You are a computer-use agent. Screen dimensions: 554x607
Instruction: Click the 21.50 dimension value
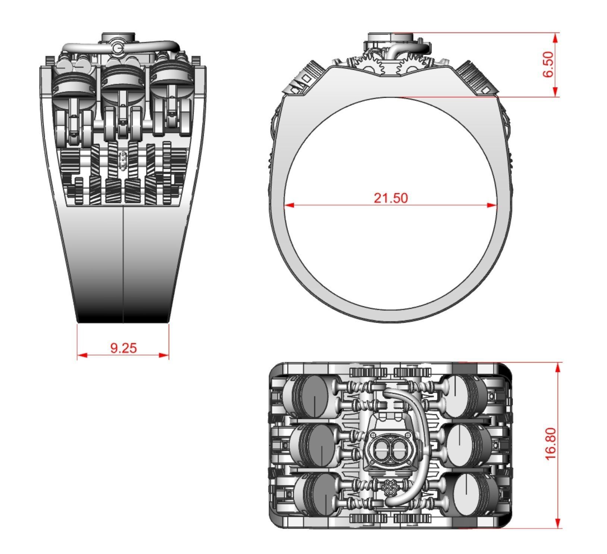[391, 198]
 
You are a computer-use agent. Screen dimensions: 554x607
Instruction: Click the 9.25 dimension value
[123, 348]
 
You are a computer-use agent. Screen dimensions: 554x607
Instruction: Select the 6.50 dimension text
[548, 64]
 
